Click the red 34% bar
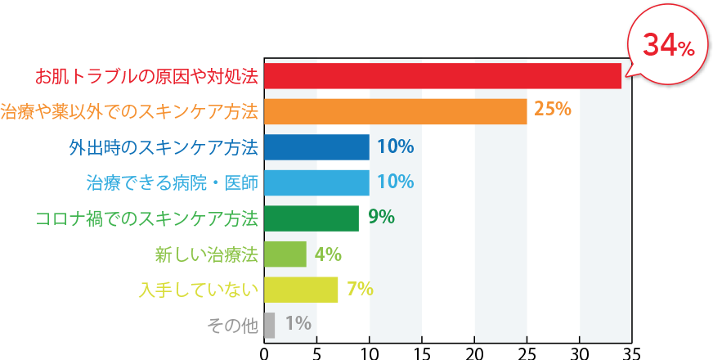tap(442, 76)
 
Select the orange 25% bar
tap(396, 111)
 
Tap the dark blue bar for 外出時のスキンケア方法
tap(317, 147)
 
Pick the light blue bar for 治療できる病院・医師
tap(317, 182)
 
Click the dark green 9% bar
tap(312, 218)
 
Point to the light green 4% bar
tap(285, 254)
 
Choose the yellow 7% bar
tap(301, 289)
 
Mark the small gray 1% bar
tap(270, 324)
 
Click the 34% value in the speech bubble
tap(668, 46)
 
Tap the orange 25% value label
tap(552, 109)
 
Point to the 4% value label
tap(328, 254)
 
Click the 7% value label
tap(360, 288)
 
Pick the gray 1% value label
tap(298, 324)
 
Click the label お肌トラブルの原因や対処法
tap(146, 77)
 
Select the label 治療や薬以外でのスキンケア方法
tap(130, 112)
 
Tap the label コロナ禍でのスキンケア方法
tap(147, 218)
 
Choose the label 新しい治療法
tap(206, 254)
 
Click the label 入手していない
tap(199, 289)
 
